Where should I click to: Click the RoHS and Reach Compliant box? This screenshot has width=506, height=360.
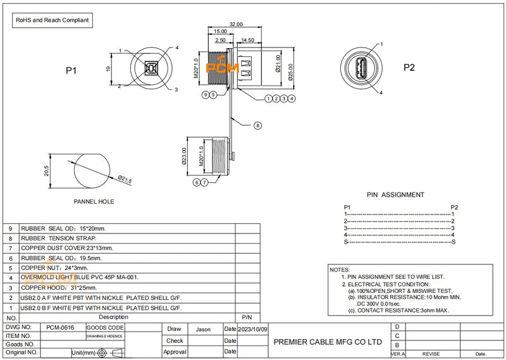(x=52, y=20)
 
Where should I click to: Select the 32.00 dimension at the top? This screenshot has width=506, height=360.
(x=235, y=24)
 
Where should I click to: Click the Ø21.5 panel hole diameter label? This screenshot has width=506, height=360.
(x=125, y=180)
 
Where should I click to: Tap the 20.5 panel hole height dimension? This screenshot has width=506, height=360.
(x=46, y=171)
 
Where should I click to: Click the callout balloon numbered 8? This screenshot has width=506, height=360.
(x=257, y=126)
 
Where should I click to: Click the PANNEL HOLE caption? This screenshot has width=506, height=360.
(x=94, y=202)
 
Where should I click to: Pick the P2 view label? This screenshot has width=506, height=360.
(x=409, y=68)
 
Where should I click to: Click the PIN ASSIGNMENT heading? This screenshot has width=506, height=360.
(x=395, y=195)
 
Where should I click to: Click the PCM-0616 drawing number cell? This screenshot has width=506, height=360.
(x=60, y=329)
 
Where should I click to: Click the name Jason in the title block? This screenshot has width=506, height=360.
(x=203, y=329)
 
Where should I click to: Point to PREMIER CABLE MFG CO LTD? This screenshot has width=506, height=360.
(x=328, y=340)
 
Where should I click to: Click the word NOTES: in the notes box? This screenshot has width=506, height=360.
(x=340, y=270)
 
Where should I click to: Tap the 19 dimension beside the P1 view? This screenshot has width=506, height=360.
(x=109, y=69)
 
